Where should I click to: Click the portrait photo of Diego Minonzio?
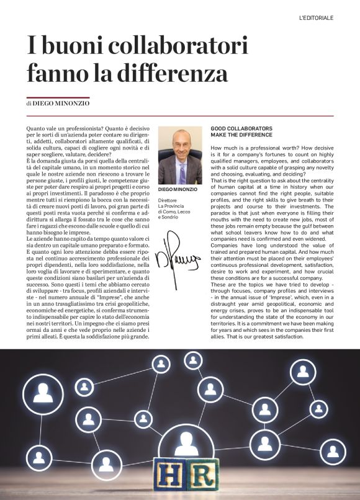click(x=180, y=155)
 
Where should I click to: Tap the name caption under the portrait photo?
click(x=178, y=189)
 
